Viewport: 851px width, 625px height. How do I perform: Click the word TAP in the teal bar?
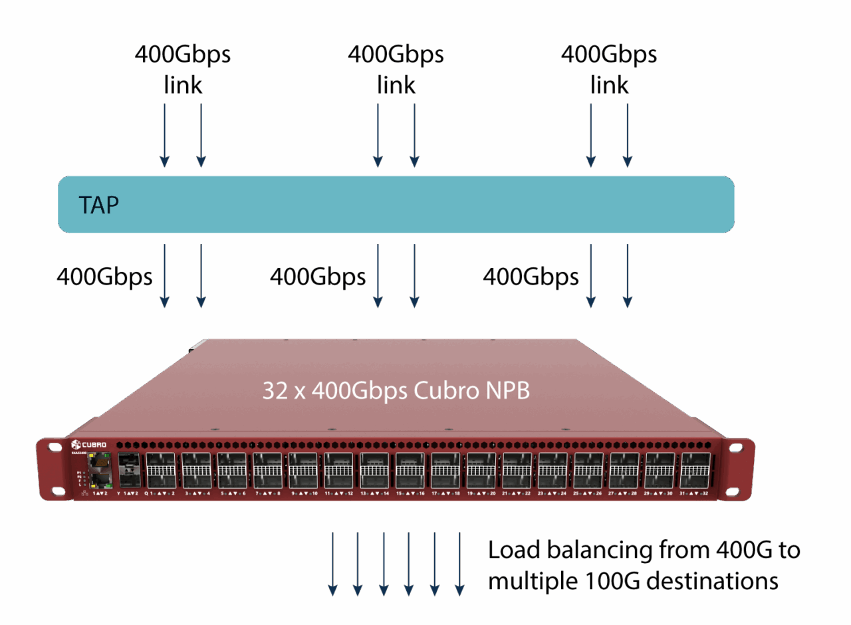pos(99,205)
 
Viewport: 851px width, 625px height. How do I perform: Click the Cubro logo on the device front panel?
pos(88,444)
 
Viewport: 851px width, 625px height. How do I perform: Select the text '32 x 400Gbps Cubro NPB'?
pos(396,390)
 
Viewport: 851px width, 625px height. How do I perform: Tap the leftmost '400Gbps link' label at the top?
pos(183,70)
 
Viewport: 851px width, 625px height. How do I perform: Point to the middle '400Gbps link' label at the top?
pos(396,70)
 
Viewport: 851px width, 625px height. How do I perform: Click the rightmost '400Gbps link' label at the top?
pos(609,70)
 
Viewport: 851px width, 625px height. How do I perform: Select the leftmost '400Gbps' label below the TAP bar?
pos(104,277)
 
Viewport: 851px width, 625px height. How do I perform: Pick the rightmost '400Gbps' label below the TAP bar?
pos(531,277)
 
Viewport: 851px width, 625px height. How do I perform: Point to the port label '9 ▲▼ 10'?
pos(304,494)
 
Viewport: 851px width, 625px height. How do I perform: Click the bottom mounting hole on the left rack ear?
pos(56,490)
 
